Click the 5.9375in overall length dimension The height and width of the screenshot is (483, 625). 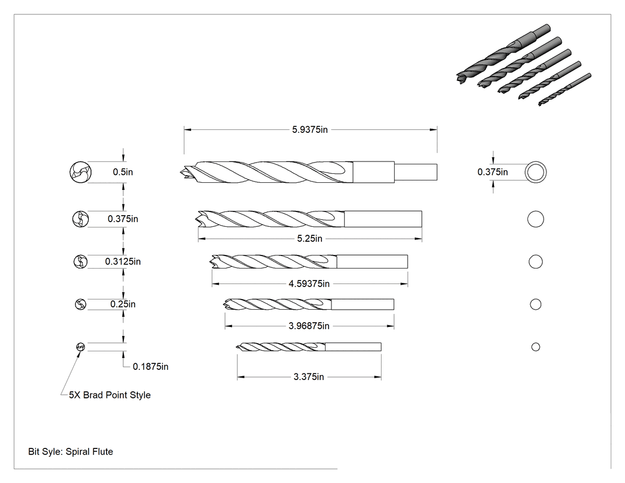pyautogui.click(x=310, y=130)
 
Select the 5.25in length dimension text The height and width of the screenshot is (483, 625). pyautogui.click(x=310, y=238)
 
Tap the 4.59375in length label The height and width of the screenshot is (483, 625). pyautogui.click(x=309, y=283)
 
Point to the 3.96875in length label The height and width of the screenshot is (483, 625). pyautogui.click(x=309, y=326)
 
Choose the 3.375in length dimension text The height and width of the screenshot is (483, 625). pyautogui.click(x=308, y=377)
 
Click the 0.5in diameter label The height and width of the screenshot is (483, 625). pyautogui.click(x=123, y=172)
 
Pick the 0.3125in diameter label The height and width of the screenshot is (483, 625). pyautogui.click(x=123, y=261)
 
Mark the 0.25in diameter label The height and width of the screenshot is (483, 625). pyautogui.click(x=123, y=304)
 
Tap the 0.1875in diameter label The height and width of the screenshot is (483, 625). pyautogui.click(x=150, y=366)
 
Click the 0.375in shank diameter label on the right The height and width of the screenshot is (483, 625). pyautogui.click(x=493, y=172)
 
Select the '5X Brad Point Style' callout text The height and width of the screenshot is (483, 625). pyautogui.click(x=110, y=395)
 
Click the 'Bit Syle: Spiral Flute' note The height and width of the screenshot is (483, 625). pyautogui.click(x=71, y=452)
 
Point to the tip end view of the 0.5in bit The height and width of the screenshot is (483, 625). pyautogui.click(x=80, y=172)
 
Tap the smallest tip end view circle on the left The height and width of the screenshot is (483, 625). pyautogui.click(x=80, y=347)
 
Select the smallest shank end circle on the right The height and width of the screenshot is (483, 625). pyautogui.click(x=536, y=347)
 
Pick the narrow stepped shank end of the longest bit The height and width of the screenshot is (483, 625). pyautogui.click(x=415, y=172)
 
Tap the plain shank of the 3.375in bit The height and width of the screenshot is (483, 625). pyautogui.click(x=353, y=347)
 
